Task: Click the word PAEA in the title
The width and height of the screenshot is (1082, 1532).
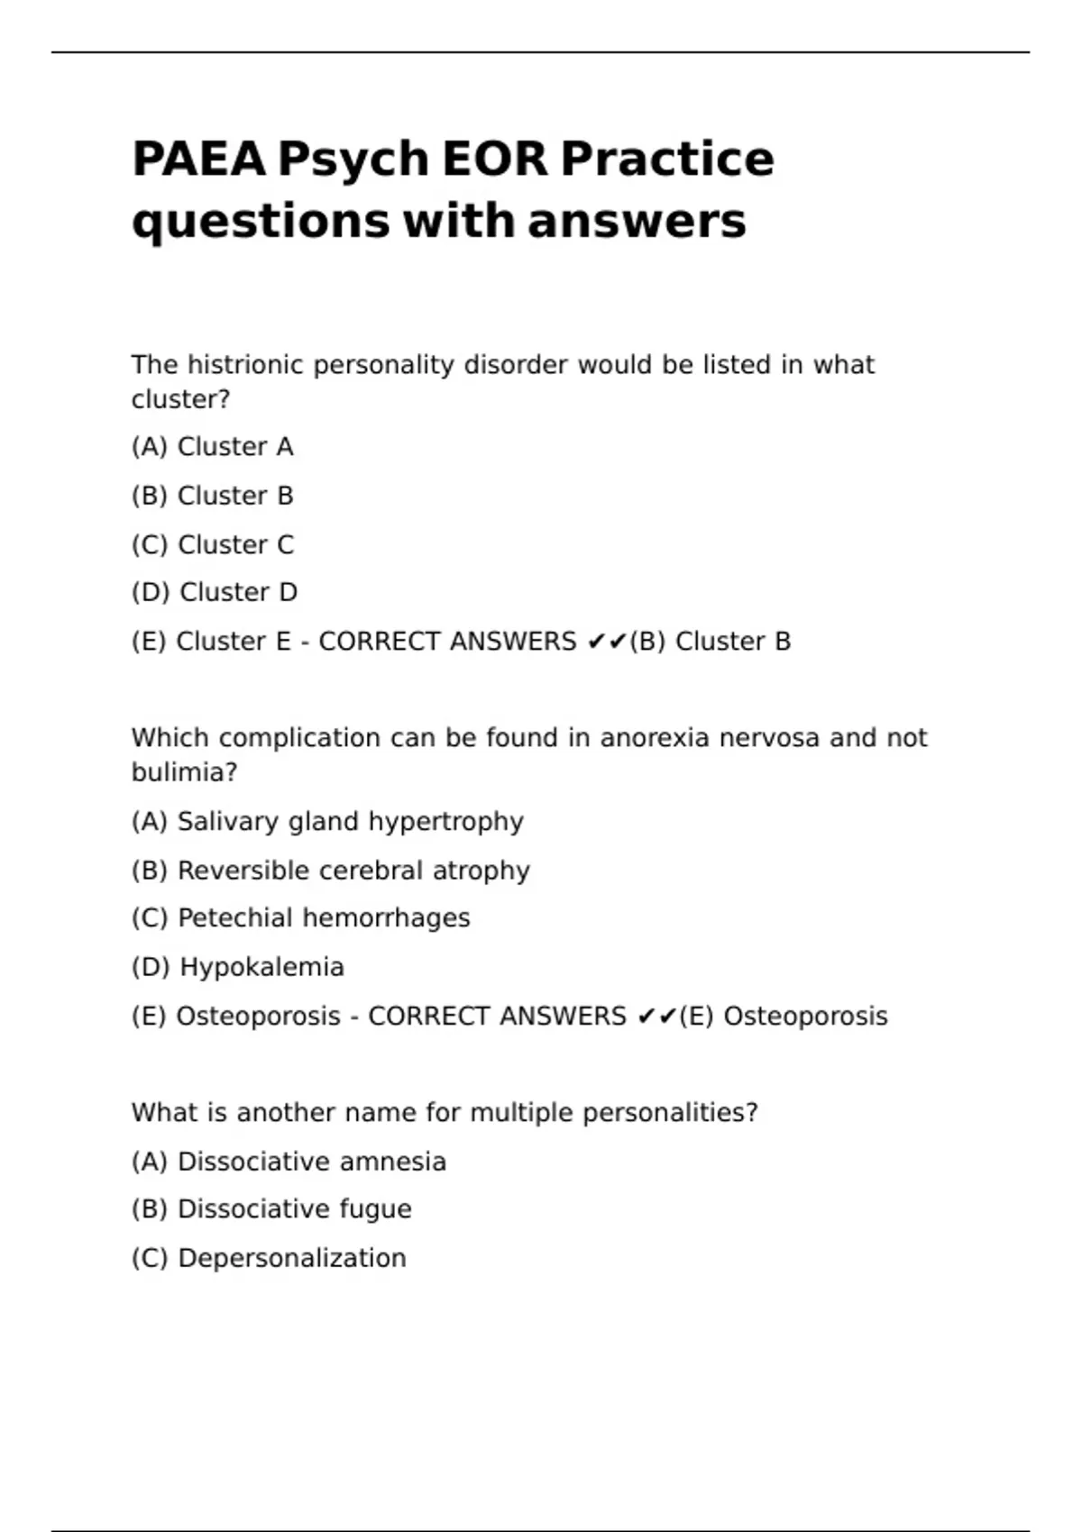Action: tap(198, 160)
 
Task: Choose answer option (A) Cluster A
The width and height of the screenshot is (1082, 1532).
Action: tap(213, 447)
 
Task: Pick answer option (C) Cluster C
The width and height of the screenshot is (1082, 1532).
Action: tap(213, 545)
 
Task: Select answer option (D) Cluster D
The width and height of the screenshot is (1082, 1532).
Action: tap(215, 593)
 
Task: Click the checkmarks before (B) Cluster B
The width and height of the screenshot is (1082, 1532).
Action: tap(606, 642)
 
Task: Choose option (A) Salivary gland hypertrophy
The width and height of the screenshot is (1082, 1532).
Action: tap(327, 822)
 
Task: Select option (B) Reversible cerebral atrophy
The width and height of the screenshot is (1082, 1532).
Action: tap(330, 871)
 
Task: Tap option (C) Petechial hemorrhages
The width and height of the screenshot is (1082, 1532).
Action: tap(300, 918)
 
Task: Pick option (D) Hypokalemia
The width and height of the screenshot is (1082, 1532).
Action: tap(238, 968)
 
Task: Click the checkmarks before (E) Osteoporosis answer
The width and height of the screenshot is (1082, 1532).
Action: tap(656, 1017)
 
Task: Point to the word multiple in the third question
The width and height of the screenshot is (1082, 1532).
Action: tap(522, 1113)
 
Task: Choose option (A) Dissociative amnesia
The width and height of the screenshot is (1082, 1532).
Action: tap(289, 1162)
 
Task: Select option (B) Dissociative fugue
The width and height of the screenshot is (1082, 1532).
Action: tap(271, 1209)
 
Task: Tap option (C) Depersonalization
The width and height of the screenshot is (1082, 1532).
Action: tap(269, 1258)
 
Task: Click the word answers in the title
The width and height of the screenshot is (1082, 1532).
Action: tap(637, 222)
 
